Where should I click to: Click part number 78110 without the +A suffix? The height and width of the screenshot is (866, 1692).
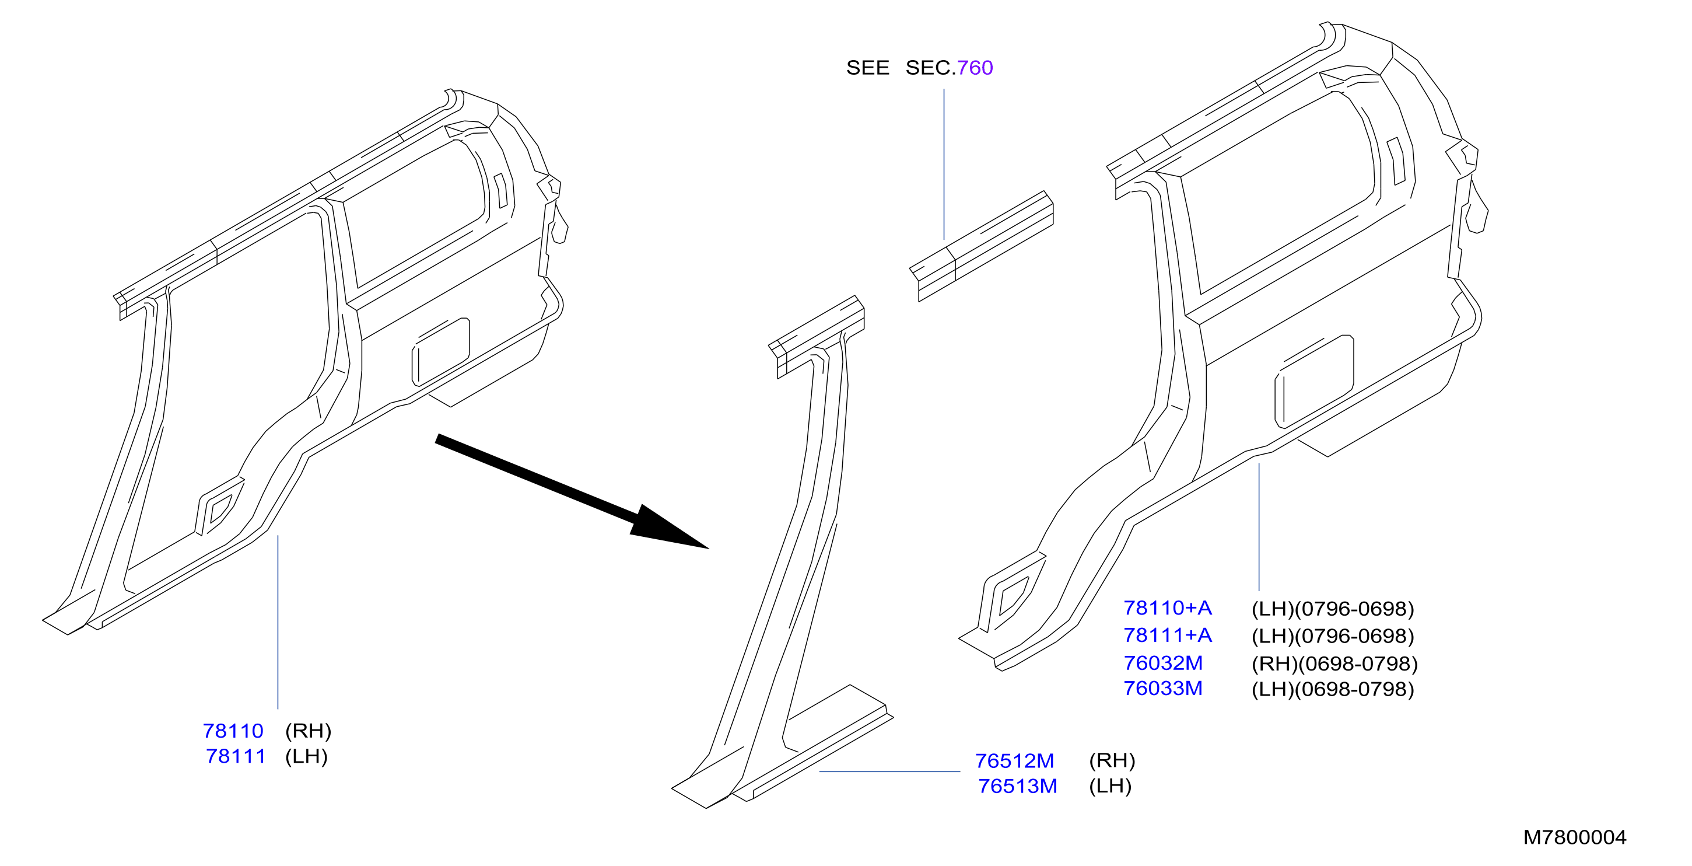coord(233,731)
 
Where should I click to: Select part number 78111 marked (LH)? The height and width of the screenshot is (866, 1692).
coord(236,756)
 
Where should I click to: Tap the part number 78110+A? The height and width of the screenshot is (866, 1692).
coord(1167,608)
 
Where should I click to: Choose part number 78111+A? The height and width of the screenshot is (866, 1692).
coord(1167,635)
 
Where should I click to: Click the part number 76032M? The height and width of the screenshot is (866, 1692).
coord(1162,663)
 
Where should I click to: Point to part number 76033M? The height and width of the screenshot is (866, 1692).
coord(1162,688)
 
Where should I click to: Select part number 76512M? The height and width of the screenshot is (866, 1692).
coord(1014,760)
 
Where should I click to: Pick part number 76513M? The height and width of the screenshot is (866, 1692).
coord(1017,786)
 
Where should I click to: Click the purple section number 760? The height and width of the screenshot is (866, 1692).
coord(975,68)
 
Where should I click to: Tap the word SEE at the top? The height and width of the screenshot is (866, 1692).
coord(868,68)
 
